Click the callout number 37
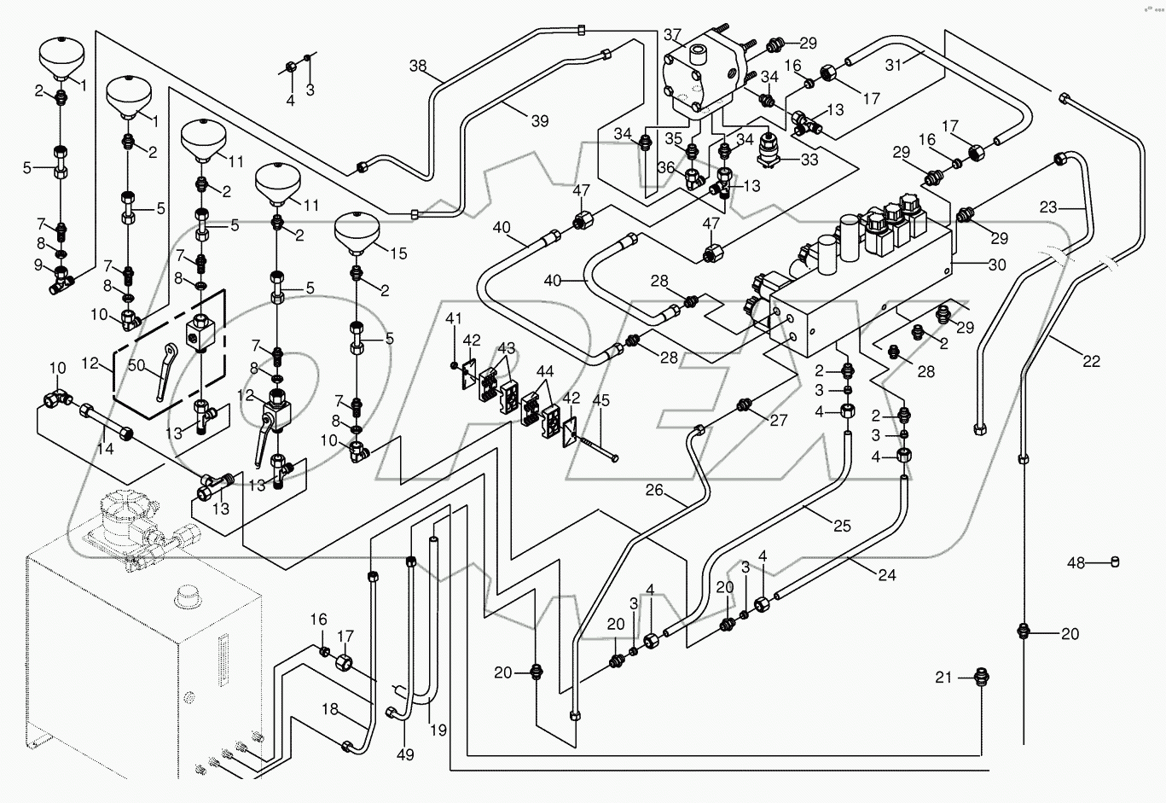coord(673,36)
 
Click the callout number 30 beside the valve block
coord(996,265)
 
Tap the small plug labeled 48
coord(1114,562)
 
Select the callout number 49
coord(405,754)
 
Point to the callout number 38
coord(418,66)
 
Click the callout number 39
coord(539,121)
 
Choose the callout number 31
coord(893,65)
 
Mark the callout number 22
coord(1091,362)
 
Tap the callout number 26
coord(654,490)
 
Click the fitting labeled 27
coord(745,403)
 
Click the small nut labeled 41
coord(455,366)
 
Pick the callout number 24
coord(887,575)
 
